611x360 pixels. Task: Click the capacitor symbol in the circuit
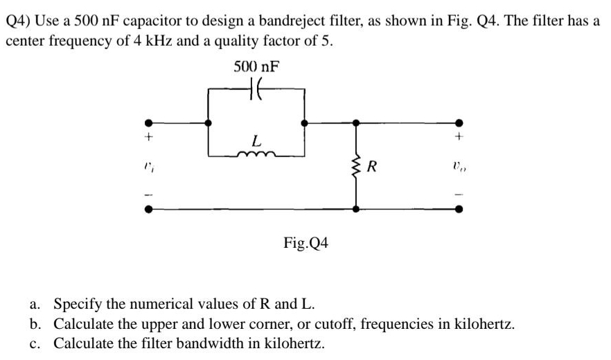[255, 89]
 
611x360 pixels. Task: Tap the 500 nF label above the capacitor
[256, 66]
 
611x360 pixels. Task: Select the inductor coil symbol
[256, 156]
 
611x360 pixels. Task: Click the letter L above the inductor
[256, 141]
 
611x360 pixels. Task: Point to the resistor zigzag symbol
[356, 167]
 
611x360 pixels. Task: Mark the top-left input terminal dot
[147, 123]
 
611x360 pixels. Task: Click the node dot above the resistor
[356, 123]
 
